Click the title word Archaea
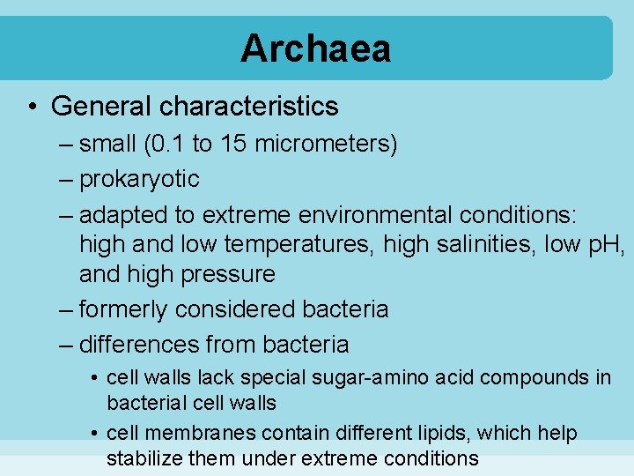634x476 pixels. pyautogui.click(x=315, y=48)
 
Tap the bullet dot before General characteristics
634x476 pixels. pyautogui.click(x=31, y=107)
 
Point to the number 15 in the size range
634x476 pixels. pyautogui.click(x=232, y=144)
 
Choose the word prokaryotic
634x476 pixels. pyautogui.click(x=139, y=179)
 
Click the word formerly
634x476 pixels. pyautogui.click(x=123, y=309)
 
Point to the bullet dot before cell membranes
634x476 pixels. pyautogui.click(x=93, y=434)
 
